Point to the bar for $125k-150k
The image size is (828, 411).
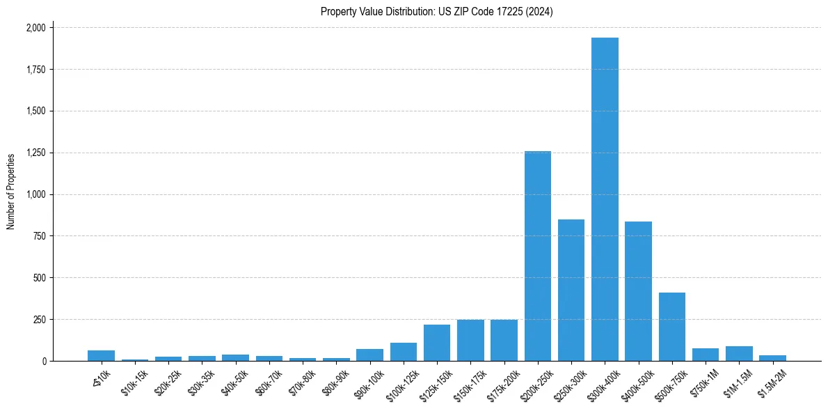pyautogui.click(x=437, y=343)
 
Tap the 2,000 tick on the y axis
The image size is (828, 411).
pyautogui.click(x=38, y=28)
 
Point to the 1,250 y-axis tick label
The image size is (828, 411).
pyautogui.click(x=38, y=153)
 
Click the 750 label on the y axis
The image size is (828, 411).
pyautogui.click(x=41, y=236)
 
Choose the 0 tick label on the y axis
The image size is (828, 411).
pyautogui.click(x=45, y=362)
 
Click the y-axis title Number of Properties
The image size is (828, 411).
pyautogui.click(x=11, y=192)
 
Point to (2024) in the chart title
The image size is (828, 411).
pyautogui.click(x=539, y=12)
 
